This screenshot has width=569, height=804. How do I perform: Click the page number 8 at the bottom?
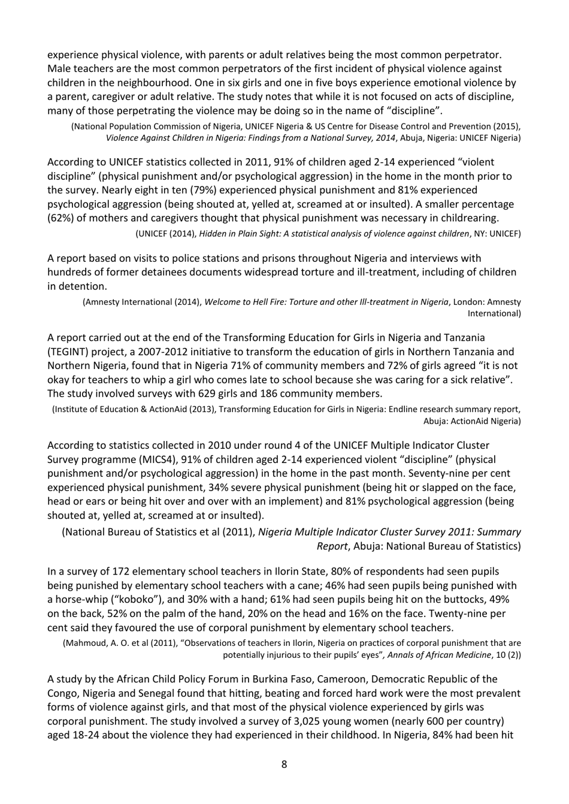pyautogui.click(x=284, y=764)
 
